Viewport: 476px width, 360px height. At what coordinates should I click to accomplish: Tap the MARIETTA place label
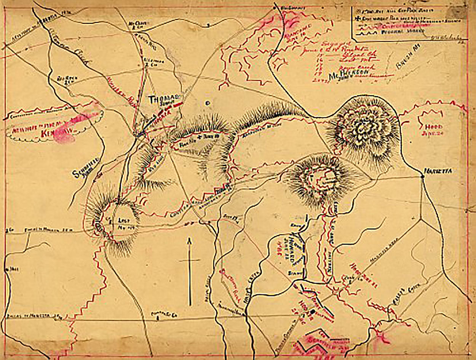[439, 172]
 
